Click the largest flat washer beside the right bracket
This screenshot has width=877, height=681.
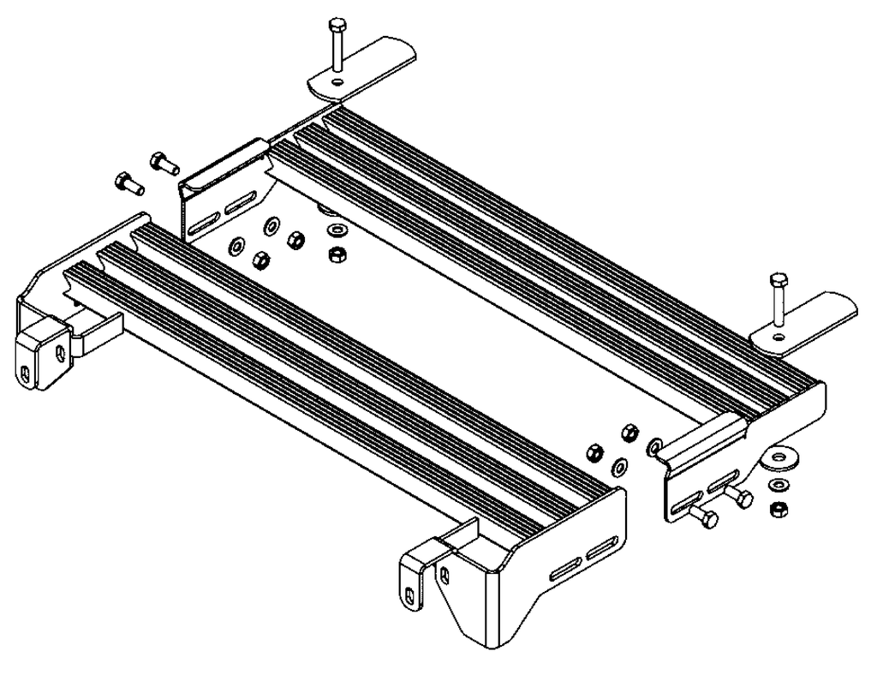780,460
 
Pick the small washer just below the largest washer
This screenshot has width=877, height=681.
778,487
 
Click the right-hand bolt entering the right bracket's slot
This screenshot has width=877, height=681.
742,498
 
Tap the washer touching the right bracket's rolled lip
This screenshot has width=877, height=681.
655,445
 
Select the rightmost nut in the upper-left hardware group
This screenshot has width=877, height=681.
337,254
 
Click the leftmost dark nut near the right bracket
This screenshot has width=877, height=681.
593,451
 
